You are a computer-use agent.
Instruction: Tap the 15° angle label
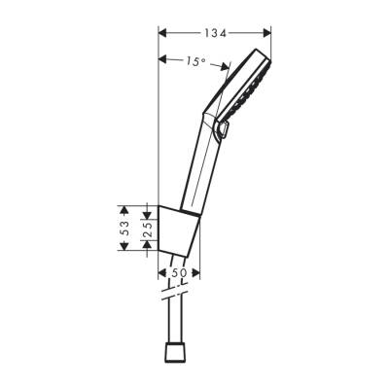pyautogui.click(x=194, y=62)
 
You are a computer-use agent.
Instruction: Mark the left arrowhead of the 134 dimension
pyautogui.click(x=160, y=33)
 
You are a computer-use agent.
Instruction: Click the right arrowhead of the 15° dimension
pyautogui.click(x=227, y=67)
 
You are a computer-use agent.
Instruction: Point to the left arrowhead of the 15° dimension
pyautogui.click(x=160, y=56)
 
